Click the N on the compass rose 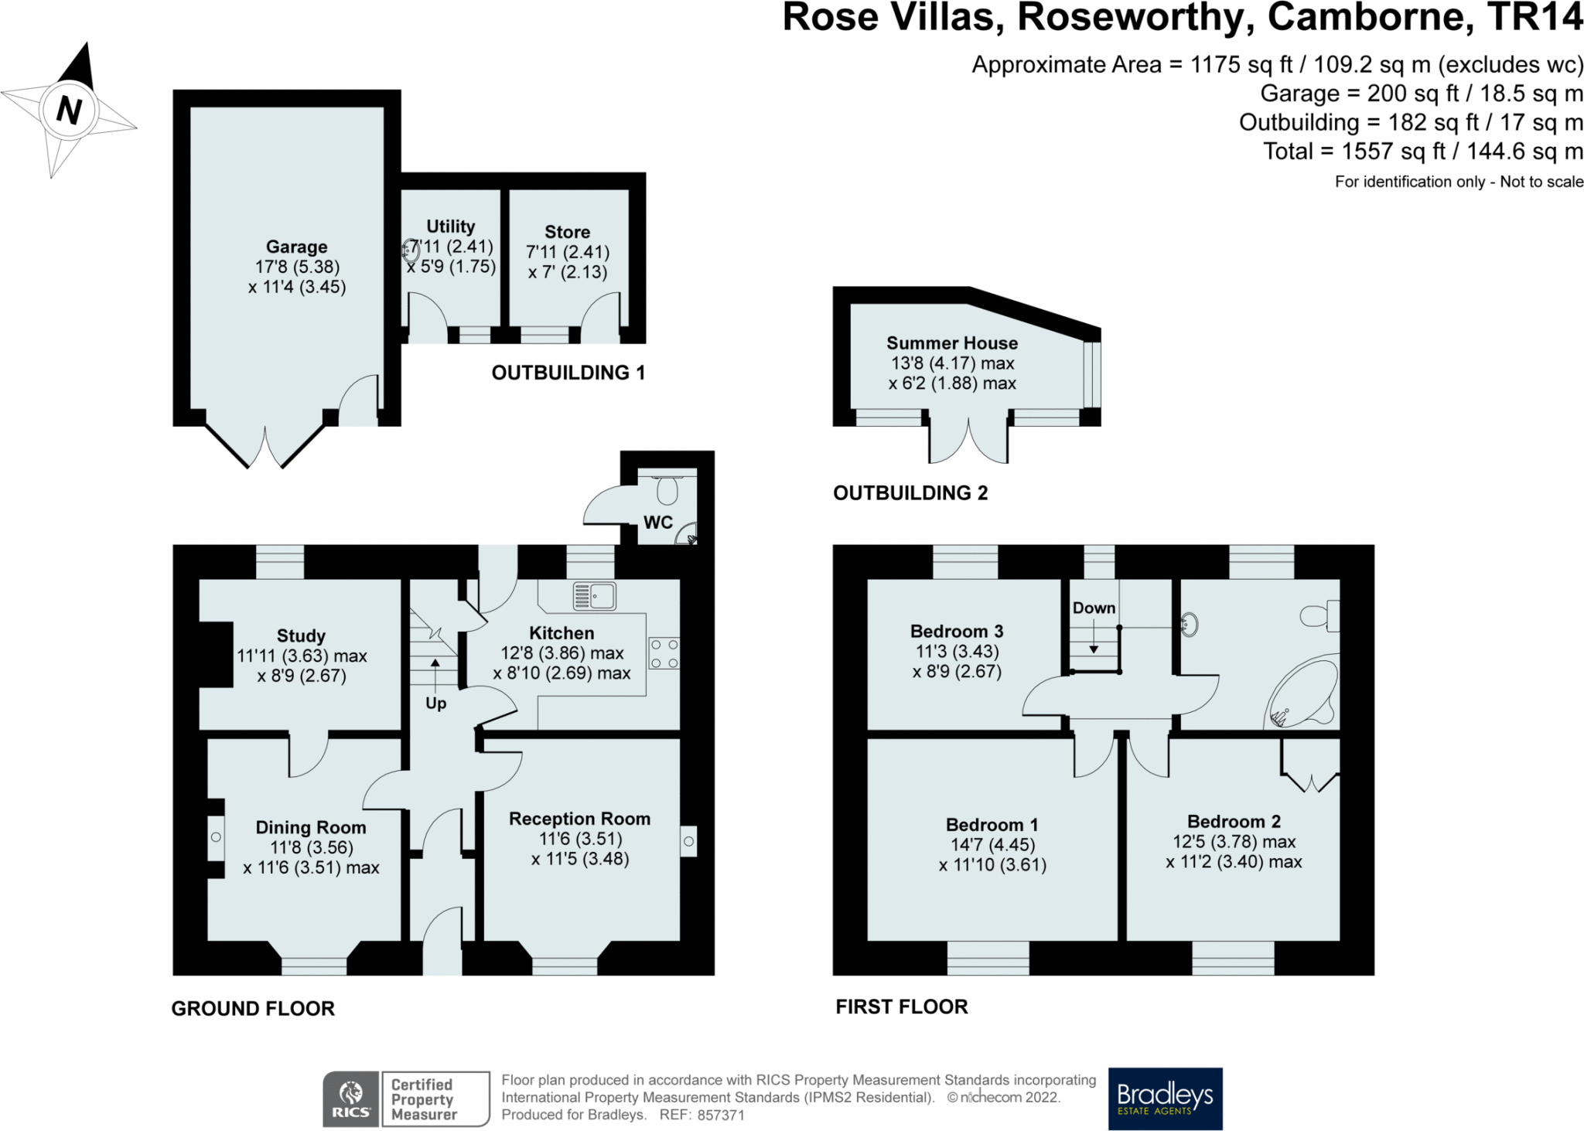pos(70,110)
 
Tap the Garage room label pos(297,247)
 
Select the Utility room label pos(451,227)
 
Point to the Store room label pos(568,232)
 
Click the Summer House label pos(952,343)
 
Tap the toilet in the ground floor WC pos(667,486)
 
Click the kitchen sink pos(594,596)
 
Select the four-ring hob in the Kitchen pos(664,653)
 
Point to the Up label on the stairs pos(436,703)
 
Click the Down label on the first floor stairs pos(1094,608)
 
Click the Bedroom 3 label pos(957,632)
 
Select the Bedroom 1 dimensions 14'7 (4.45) pos(992,845)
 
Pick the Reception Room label pos(579,819)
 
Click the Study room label pos(301,636)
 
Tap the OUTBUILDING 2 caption pos(910,493)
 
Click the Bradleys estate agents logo pos(1166,1099)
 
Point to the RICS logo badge pos(350,1099)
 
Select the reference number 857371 pos(721,1116)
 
